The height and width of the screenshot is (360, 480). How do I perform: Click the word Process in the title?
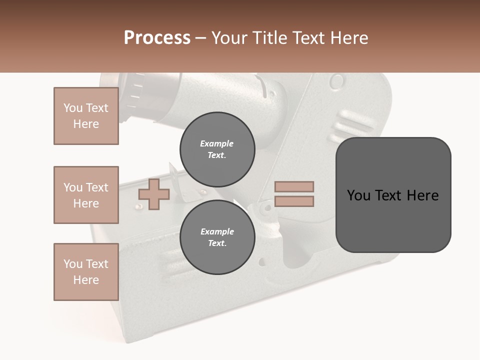click(157, 38)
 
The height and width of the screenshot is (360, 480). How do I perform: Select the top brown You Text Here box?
click(86, 116)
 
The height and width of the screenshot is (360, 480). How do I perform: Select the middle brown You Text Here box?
click(86, 195)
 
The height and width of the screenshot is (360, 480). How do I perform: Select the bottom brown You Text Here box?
click(86, 271)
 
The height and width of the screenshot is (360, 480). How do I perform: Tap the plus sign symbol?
click(154, 194)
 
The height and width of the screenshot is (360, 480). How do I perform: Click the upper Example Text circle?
click(217, 149)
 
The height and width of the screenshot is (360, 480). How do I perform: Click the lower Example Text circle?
click(217, 237)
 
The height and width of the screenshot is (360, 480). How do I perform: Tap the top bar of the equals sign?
click(294, 186)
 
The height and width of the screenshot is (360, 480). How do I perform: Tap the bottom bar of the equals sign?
click(294, 201)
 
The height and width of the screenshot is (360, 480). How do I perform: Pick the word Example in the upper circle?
click(216, 143)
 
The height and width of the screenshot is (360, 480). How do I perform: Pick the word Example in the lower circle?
click(217, 231)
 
